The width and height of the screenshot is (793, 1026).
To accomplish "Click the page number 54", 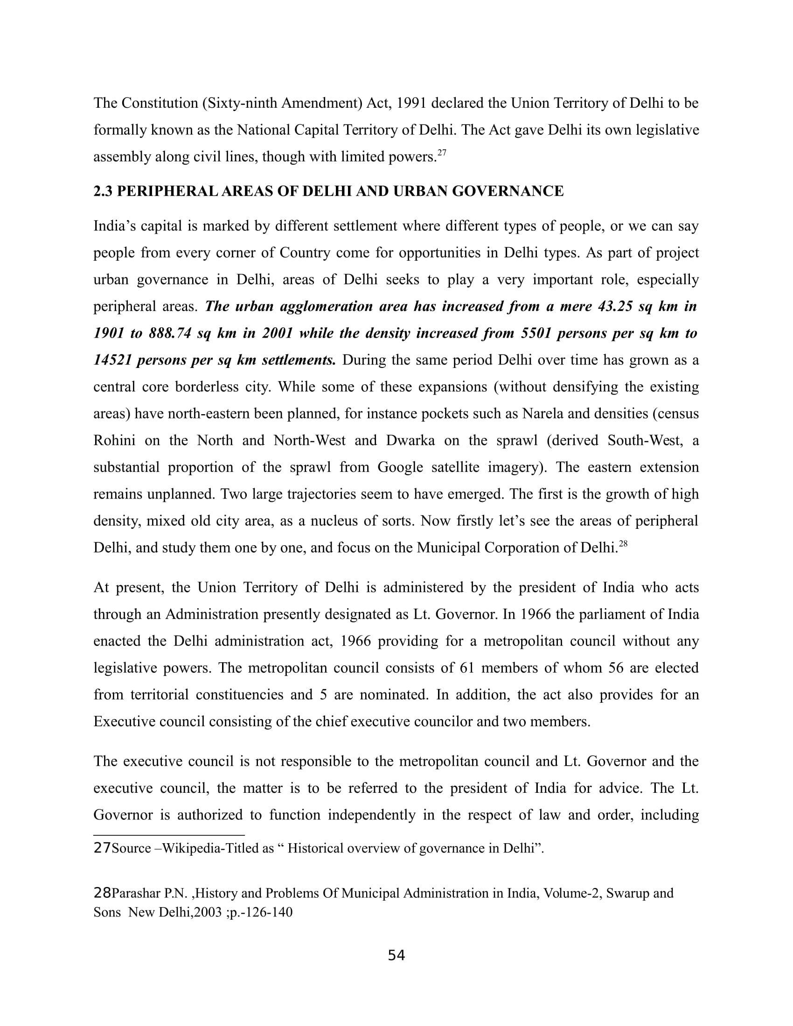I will [x=396, y=955].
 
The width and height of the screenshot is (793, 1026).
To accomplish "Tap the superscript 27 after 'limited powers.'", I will [x=442, y=152].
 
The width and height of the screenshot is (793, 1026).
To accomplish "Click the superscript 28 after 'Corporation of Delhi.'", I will [x=623, y=543].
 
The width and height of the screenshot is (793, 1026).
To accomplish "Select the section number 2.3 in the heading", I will [x=103, y=191].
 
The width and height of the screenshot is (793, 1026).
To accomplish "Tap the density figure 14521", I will [x=113, y=360].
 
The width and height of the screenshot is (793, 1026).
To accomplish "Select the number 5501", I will [x=538, y=333].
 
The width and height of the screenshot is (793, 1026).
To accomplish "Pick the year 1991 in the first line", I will [x=411, y=103].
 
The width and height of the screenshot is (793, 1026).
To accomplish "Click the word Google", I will [x=398, y=467].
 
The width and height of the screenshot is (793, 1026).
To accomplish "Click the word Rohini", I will [x=115, y=440].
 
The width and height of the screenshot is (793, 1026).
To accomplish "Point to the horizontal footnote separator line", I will [x=169, y=835].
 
